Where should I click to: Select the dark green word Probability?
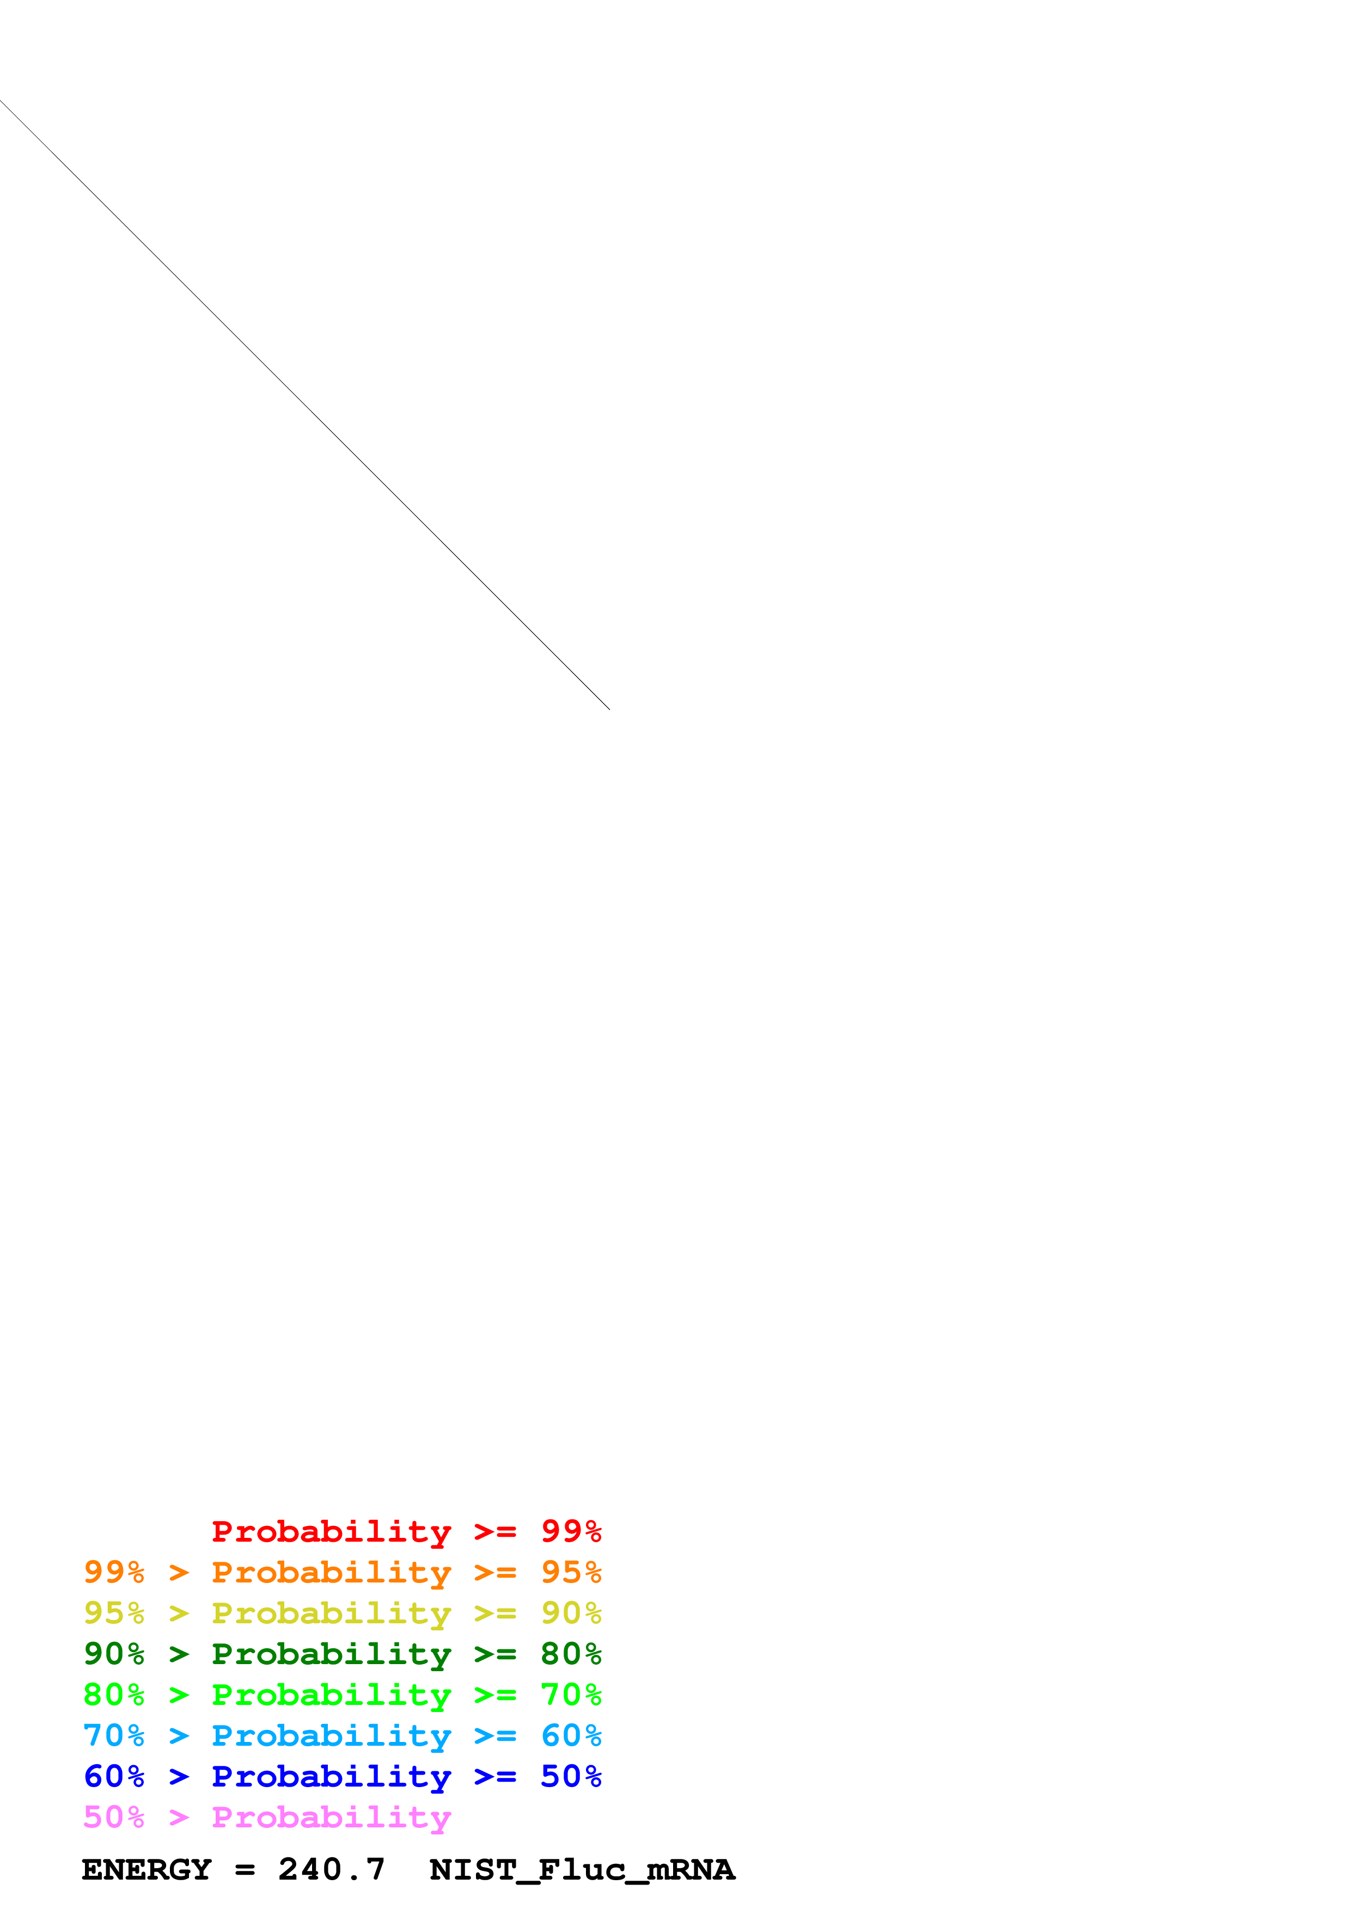[331, 1654]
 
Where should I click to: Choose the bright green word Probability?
[331, 1695]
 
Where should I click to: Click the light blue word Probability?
[331, 1735]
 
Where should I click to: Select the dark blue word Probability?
[331, 1776]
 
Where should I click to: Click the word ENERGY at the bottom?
[146, 1869]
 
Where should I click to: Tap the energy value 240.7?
[331, 1869]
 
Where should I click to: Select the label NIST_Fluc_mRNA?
[582, 1869]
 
